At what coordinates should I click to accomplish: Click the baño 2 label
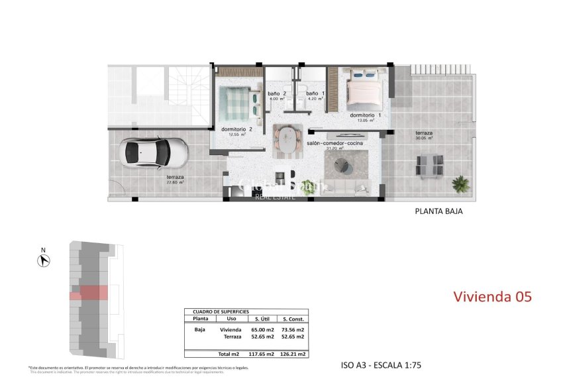point(277,94)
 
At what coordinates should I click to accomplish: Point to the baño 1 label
point(315,94)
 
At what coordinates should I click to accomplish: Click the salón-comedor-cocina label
point(329,143)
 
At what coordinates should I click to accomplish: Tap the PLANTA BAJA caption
point(438,212)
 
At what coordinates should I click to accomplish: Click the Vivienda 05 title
point(492,297)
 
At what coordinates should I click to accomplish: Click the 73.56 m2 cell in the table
point(292,329)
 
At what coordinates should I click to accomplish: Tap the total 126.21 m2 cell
point(292,354)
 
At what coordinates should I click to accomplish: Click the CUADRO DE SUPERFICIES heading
point(221,311)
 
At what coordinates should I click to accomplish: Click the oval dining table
point(288,140)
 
